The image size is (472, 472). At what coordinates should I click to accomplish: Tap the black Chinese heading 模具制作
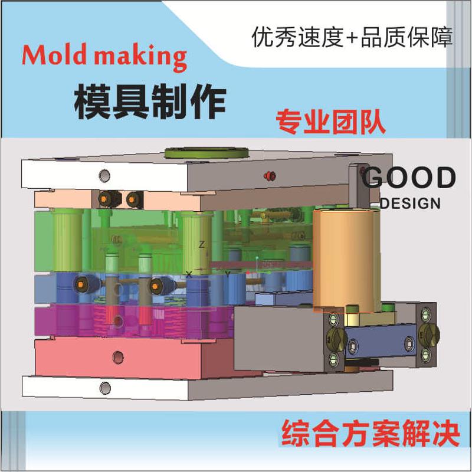pyautogui.click(x=149, y=101)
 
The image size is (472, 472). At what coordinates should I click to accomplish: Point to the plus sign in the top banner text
pyautogui.click(x=352, y=39)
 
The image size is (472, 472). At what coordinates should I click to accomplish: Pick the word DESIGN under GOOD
pyautogui.click(x=411, y=204)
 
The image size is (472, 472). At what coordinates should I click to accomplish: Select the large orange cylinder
pyautogui.click(x=345, y=260)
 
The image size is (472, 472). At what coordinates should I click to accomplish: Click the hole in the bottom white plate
pyautogui.click(x=106, y=387)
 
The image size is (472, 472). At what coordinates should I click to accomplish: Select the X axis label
pyautogui.click(x=189, y=274)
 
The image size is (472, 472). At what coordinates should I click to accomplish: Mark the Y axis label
pyautogui.click(x=227, y=274)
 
